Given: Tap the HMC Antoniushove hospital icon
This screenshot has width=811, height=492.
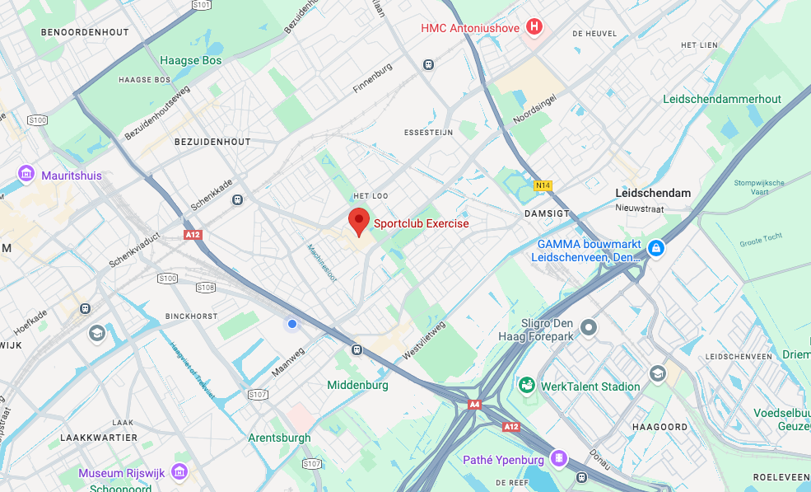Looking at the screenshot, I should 535,27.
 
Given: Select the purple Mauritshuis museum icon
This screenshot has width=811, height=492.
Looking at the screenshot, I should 26,175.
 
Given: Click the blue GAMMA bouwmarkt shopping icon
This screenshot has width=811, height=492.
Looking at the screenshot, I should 655,248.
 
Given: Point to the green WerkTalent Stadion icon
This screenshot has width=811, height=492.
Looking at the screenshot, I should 525,386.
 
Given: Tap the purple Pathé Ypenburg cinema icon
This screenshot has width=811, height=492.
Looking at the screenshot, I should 559,458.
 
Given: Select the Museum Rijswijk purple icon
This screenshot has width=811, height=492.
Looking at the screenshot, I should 179,472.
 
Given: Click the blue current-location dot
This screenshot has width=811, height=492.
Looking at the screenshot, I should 291,325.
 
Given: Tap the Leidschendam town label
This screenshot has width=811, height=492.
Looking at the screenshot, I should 653,193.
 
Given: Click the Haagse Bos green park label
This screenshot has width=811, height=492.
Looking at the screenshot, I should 190,60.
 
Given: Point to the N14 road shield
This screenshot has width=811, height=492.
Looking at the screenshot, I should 543,185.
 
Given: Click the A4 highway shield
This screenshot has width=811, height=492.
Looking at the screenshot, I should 474,405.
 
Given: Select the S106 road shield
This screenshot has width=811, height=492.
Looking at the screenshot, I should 206,288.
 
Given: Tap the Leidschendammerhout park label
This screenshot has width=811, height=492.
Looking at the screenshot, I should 721,99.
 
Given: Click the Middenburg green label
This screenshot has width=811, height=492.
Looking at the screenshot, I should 357,385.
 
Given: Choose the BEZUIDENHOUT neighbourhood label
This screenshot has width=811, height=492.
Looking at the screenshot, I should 212,142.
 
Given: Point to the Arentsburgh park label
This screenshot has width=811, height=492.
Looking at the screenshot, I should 279,438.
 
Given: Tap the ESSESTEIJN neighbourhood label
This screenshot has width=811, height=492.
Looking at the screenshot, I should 429,132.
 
